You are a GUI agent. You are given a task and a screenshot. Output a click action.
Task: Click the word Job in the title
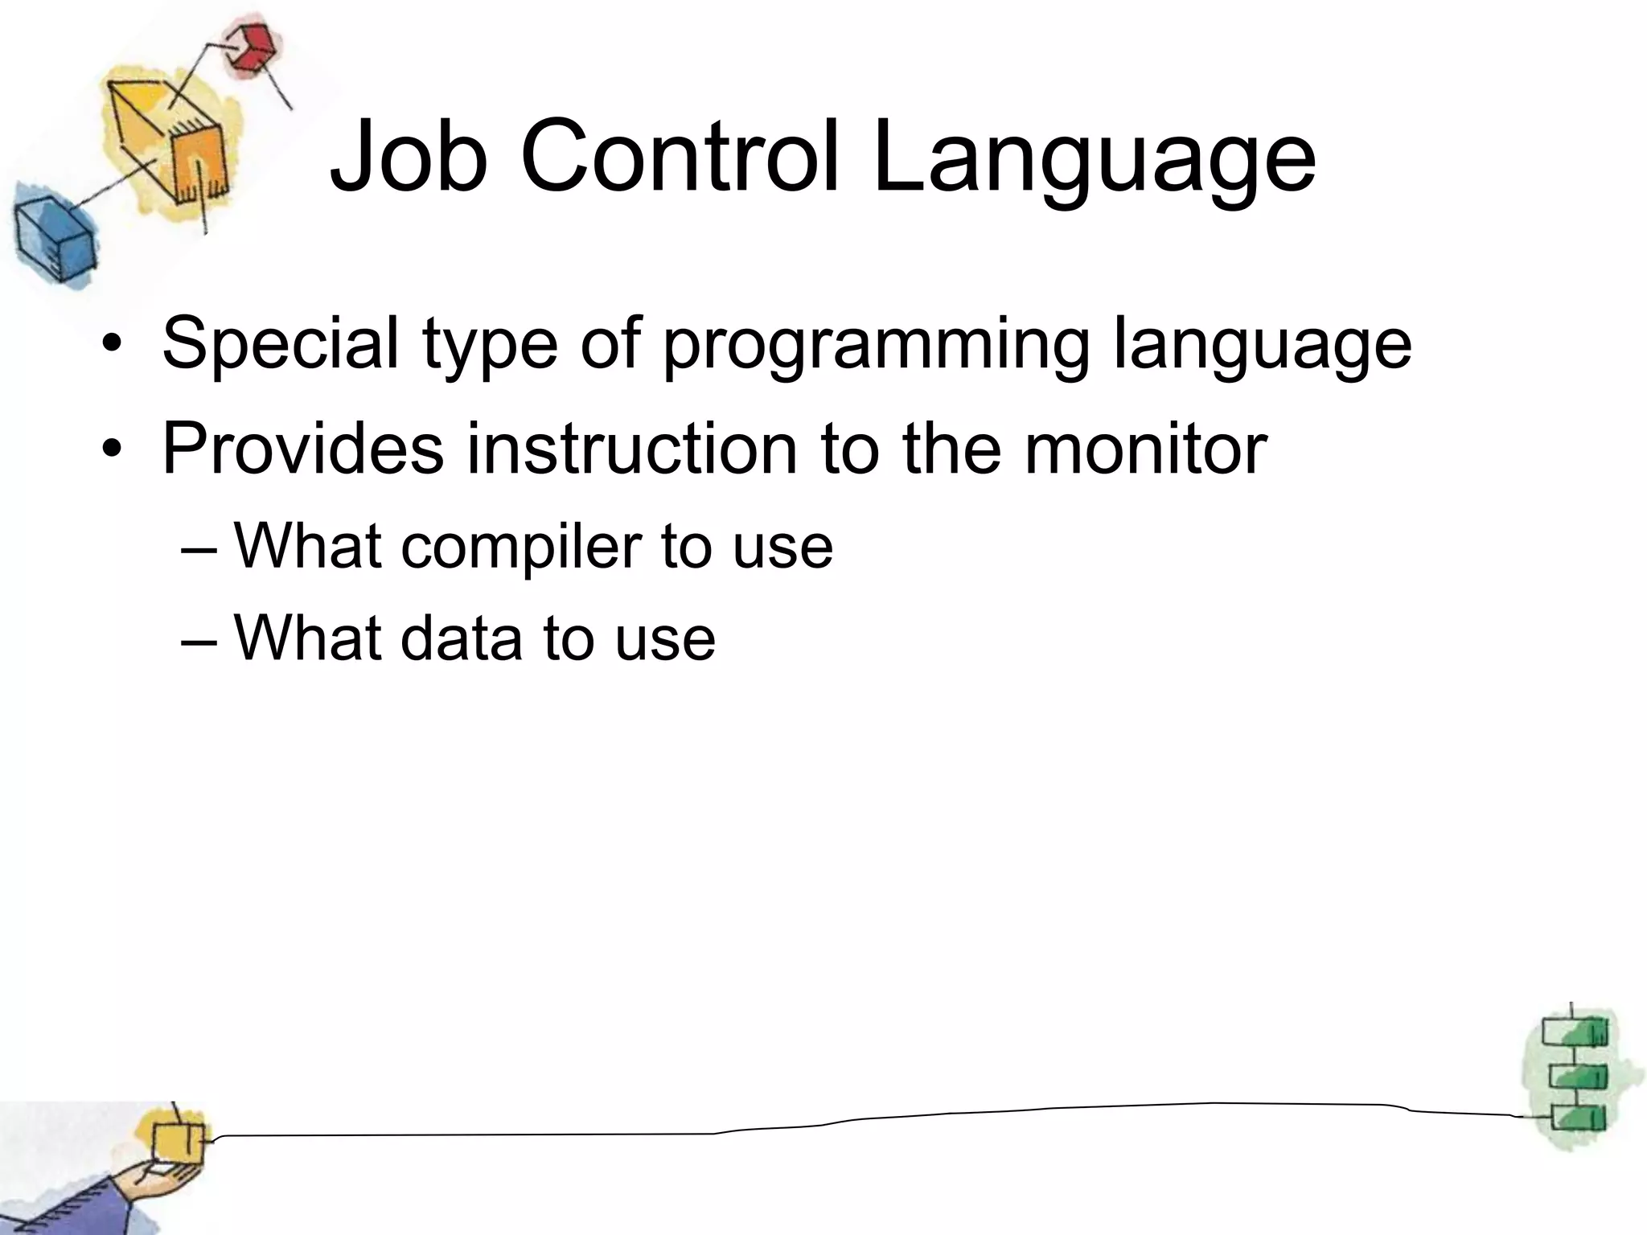coord(409,156)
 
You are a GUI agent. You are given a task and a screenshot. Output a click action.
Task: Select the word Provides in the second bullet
coord(302,448)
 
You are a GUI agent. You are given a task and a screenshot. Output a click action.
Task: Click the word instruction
coord(632,448)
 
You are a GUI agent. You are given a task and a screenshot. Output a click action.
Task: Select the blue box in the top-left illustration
coord(52,239)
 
